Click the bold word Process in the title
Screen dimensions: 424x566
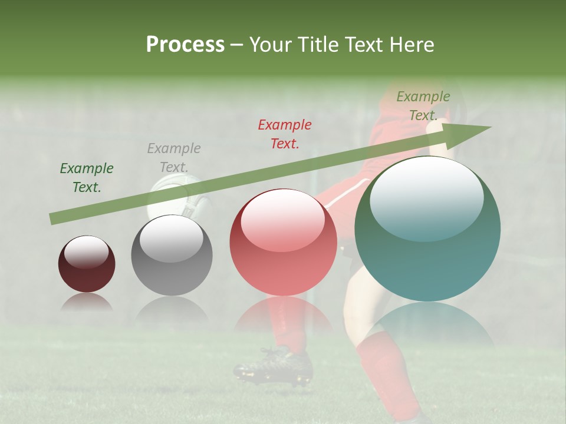point(185,44)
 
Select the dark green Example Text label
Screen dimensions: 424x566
point(86,178)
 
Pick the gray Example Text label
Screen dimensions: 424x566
point(173,157)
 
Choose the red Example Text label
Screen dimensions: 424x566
point(285,134)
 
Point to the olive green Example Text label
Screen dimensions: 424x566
point(423,106)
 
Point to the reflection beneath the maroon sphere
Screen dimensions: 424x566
point(87,303)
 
